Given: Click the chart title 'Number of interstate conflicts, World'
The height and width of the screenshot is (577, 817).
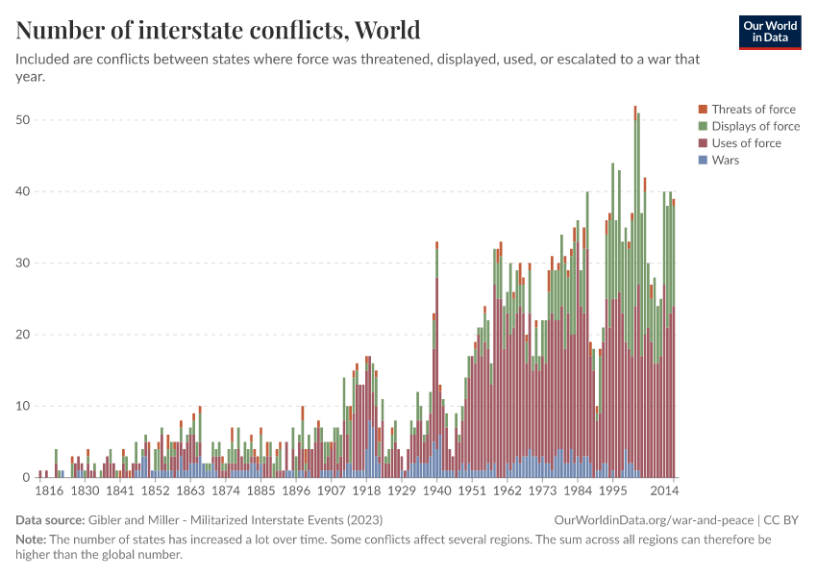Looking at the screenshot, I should tap(218, 30).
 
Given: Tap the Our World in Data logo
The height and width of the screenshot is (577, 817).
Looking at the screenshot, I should tap(769, 32).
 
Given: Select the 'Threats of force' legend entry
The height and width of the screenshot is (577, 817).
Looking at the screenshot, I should tap(753, 110).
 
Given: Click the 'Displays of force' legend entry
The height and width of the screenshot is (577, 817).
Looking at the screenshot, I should tap(755, 126).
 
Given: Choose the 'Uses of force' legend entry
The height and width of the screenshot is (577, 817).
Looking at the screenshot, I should tap(746, 143).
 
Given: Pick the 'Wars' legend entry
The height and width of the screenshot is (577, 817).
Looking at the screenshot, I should tap(725, 160).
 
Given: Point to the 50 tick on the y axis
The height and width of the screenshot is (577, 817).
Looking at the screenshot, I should tap(23, 120).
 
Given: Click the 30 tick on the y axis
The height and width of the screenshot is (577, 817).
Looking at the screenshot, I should tap(23, 263).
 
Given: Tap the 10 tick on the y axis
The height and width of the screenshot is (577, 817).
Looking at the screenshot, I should tap(23, 406).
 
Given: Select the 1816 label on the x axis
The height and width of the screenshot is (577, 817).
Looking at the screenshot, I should tap(49, 490).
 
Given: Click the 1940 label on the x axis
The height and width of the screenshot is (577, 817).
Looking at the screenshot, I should tap(436, 490).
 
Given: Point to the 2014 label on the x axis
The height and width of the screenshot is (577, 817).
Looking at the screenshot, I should tap(664, 490).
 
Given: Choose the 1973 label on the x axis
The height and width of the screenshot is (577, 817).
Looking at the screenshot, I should tap(542, 490).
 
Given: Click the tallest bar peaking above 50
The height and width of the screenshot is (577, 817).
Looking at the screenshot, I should tap(634, 288).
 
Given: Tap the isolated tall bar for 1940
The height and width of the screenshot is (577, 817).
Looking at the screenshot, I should tap(437, 365).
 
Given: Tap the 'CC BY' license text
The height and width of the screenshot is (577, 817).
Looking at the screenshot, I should tap(783, 518).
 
